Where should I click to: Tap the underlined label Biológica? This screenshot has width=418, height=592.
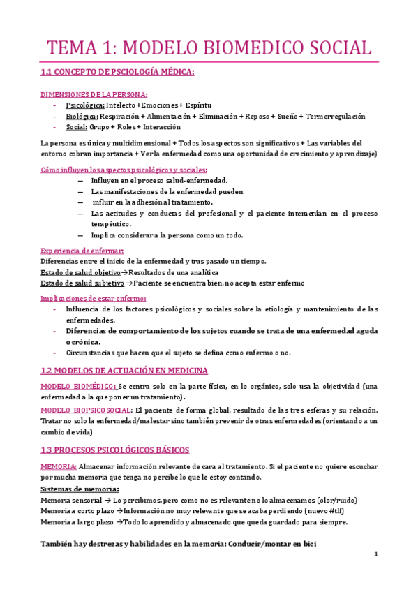(82, 117)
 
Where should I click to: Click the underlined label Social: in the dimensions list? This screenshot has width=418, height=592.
(77, 127)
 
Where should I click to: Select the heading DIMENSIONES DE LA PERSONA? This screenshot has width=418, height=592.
(94, 94)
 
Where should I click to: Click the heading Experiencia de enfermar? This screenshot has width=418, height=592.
(82, 251)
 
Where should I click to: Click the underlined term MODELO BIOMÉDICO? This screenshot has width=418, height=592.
(79, 386)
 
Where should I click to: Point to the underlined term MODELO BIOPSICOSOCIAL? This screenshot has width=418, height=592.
(85, 410)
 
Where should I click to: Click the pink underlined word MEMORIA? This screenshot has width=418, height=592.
(59, 466)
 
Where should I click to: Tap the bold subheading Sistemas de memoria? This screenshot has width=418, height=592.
(80, 489)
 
